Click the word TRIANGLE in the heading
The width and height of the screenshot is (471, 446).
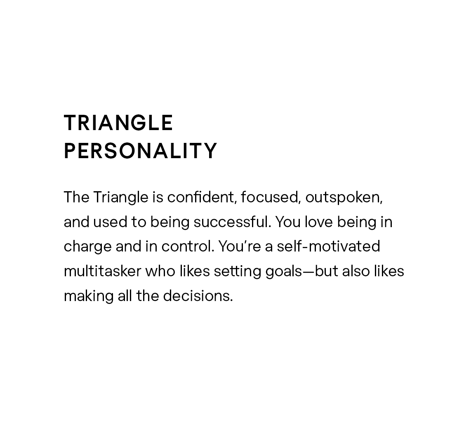(x=118, y=123)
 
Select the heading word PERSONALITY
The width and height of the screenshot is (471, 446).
(x=141, y=151)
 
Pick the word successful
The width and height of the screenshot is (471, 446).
(x=233, y=222)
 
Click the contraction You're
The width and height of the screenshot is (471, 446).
(x=239, y=247)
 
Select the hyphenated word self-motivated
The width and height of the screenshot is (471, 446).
(x=328, y=247)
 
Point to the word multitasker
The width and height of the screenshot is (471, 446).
(x=102, y=271)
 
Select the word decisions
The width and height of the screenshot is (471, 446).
(x=198, y=296)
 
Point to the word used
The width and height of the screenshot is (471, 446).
(x=110, y=222)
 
